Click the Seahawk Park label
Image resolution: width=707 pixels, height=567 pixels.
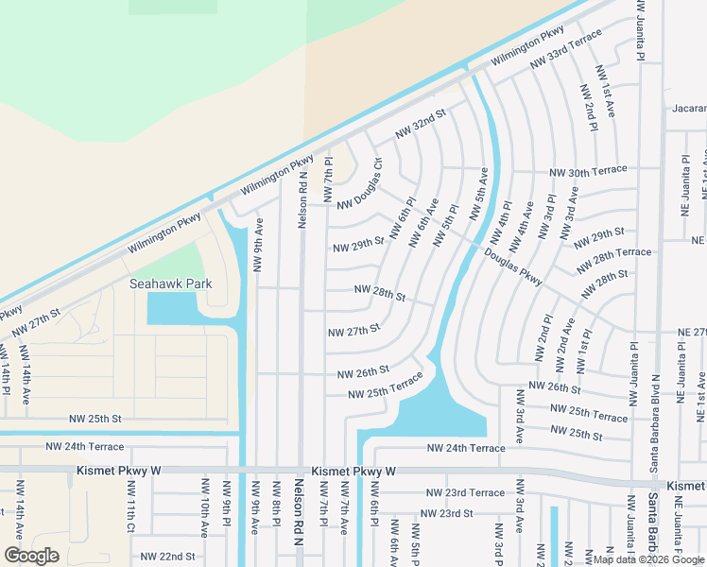[171, 283]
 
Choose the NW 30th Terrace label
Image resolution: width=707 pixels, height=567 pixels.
[589, 172]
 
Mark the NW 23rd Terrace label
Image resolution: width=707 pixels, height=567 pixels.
[465, 493]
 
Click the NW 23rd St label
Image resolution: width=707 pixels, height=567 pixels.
[446, 513]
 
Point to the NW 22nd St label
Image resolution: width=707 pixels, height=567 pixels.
[168, 557]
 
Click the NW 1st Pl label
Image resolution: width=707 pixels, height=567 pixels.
[584, 348]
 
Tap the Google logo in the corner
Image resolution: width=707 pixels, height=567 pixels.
[31, 556]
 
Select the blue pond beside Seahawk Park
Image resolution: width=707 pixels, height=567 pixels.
[172, 308]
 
